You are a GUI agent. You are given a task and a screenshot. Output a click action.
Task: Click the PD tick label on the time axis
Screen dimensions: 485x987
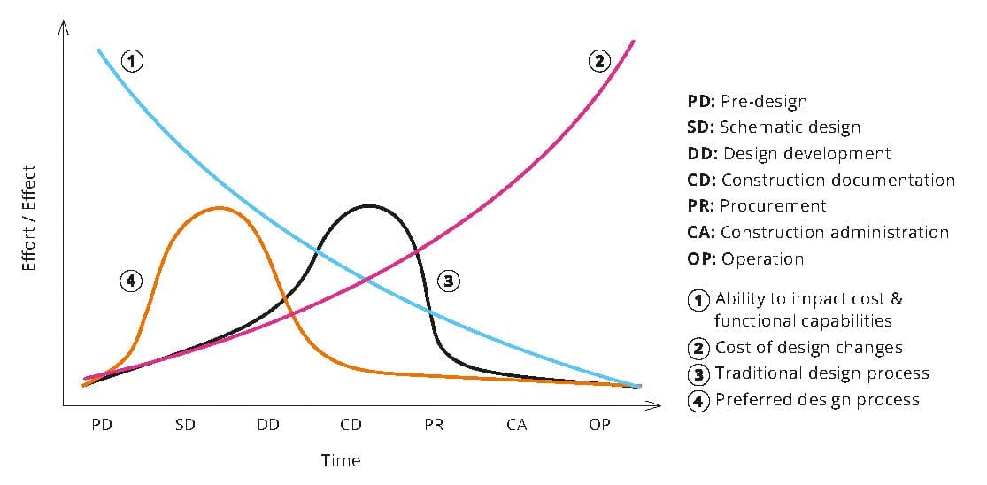(x=102, y=425)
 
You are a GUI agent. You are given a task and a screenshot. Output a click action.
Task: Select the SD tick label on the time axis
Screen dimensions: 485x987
(x=185, y=425)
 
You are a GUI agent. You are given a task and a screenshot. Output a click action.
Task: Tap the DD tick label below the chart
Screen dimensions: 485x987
(x=268, y=425)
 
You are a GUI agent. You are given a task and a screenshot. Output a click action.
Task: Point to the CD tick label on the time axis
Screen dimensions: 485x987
(x=351, y=425)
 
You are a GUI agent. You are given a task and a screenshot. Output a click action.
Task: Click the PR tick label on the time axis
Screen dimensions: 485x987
(x=434, y=425)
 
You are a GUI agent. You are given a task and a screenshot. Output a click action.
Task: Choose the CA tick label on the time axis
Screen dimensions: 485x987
(x=517, y=425)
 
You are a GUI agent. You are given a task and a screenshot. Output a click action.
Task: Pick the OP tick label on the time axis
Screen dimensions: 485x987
(x=599, y=425)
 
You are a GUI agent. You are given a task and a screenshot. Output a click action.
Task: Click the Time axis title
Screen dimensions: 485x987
(x=341, y=460)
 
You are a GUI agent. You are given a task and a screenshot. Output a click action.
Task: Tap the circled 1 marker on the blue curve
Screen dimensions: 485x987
(x=132, y=61)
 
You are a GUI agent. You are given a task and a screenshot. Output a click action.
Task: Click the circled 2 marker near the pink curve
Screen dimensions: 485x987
(x=599, y=61)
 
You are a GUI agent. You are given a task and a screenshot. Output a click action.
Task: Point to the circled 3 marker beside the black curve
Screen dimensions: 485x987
(x=448, y=281)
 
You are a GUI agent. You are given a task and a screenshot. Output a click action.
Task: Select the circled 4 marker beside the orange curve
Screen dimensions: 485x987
(x=131, y=281)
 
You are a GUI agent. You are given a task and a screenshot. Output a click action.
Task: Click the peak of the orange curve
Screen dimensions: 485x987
(x=219, y=208)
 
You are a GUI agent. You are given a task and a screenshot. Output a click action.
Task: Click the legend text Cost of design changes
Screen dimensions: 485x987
(x=808, y=348)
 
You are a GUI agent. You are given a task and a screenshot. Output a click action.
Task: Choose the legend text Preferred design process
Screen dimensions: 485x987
(x=817, y=399)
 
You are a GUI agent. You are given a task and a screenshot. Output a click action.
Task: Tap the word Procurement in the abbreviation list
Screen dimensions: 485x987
(x=773, y=205)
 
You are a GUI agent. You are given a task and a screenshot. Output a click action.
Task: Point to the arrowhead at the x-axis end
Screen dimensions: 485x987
(x=655, y=406)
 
